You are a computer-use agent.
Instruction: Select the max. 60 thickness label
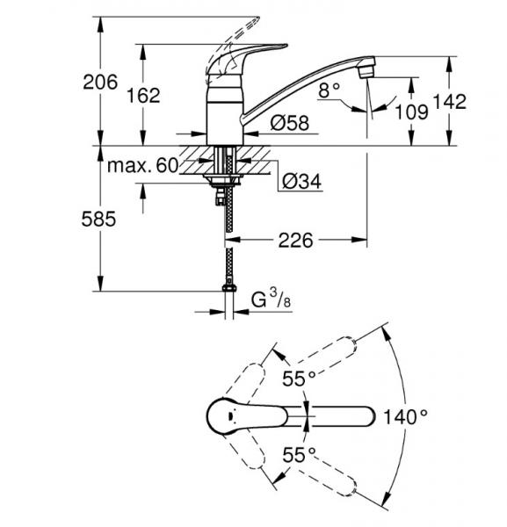[x=141, y=165]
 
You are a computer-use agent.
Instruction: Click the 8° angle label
[x=329, y=90]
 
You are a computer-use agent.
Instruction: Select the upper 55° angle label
[x=299, y=379]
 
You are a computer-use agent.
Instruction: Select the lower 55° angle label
[x=299, y=455]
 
